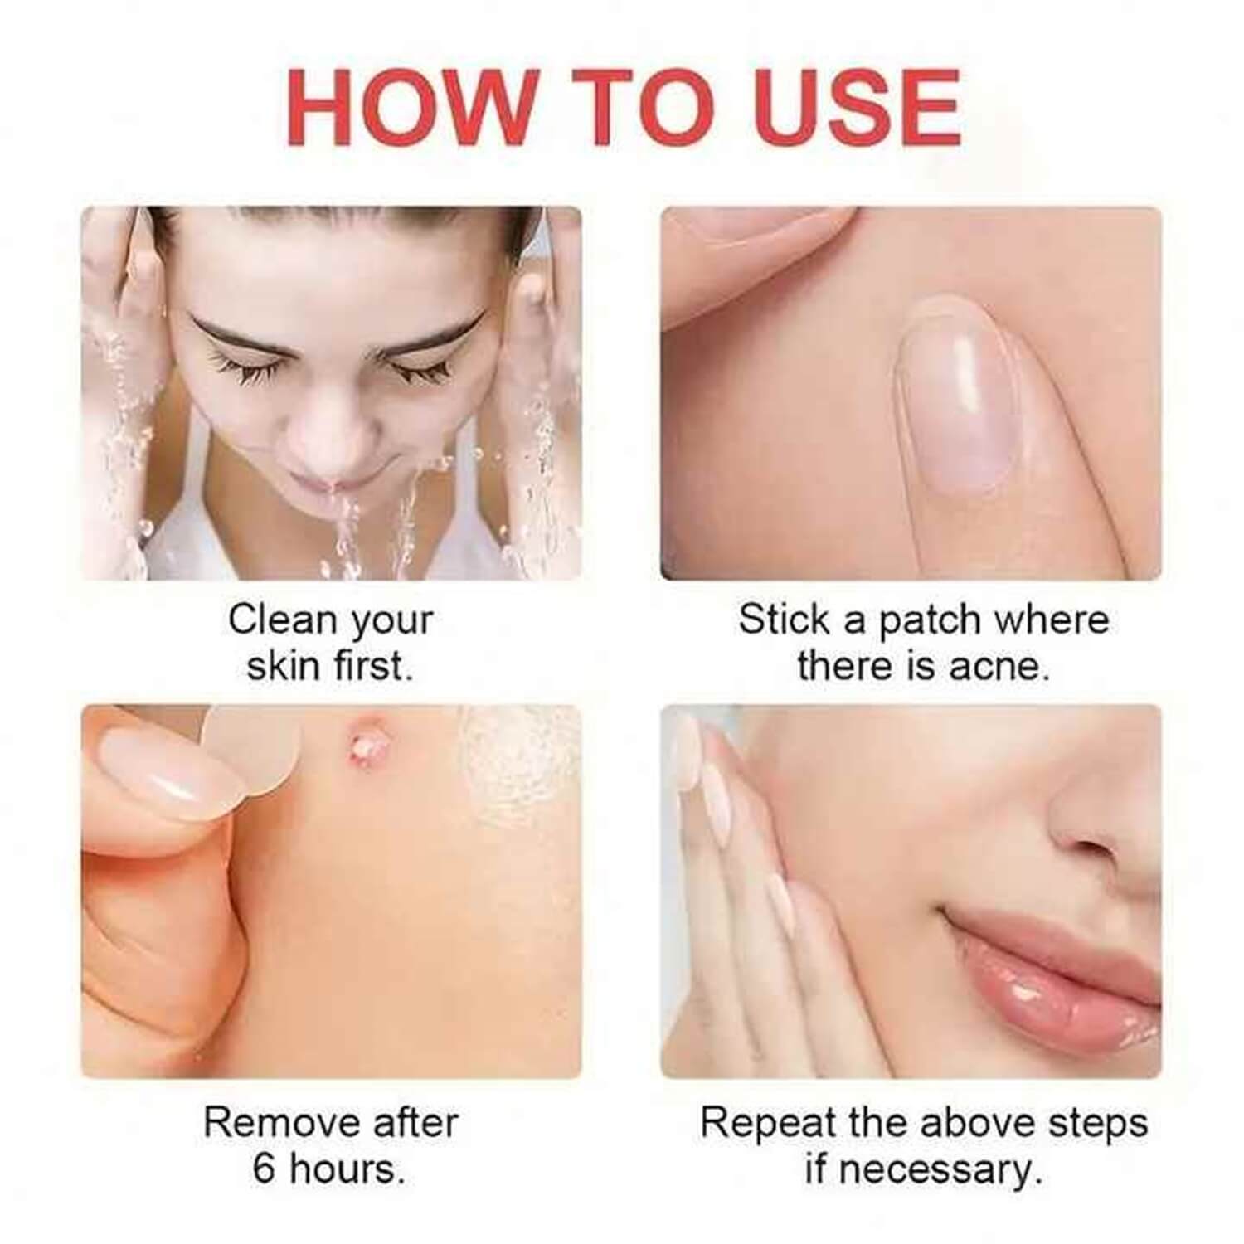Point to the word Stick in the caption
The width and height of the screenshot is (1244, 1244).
click(x=784, y=620)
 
